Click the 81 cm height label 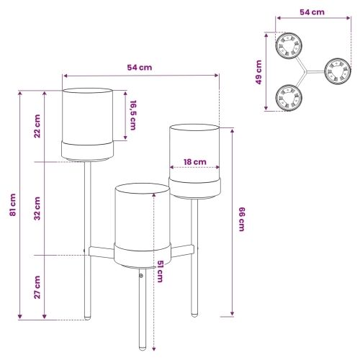coord(13,204)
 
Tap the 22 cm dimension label coord(37,126)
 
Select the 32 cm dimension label coord(37,208)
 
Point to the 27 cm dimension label coord(37,287)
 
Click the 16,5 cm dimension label coord(133,115)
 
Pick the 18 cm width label coord(195,162)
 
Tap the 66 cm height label coord(242,219)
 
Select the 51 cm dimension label coord(160,271)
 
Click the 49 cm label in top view coord(258,72)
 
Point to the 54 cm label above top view coord(312,12)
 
